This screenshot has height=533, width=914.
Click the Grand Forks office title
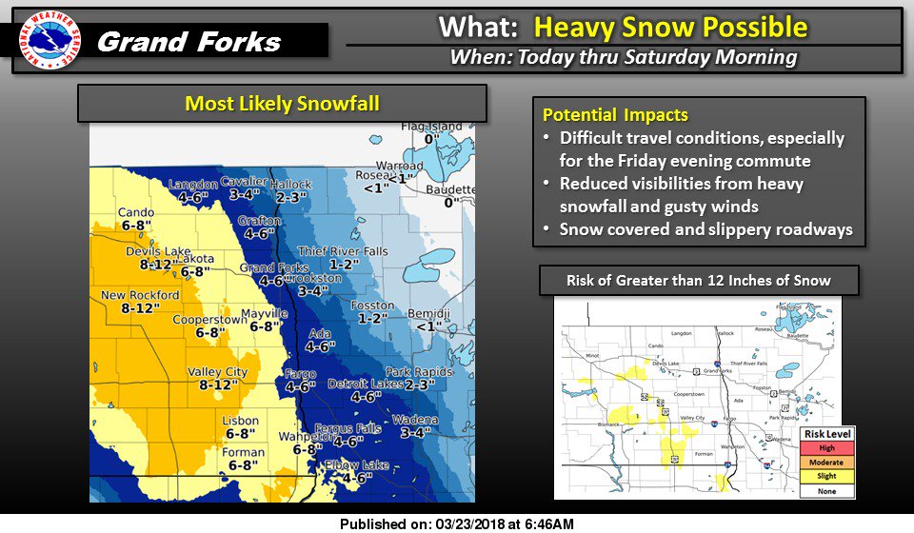pyautogui.click(x=189, y=42)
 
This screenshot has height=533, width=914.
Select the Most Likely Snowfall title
pyautogui.click(x=282, y=103)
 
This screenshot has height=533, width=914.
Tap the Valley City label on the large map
pyautogui.click(x=217, y=371)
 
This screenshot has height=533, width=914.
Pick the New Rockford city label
pyautogui.click(x=140, y=295)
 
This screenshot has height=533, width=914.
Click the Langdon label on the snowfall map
pyautogui.click(x=194, y=184)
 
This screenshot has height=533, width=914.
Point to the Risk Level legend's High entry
pyautogui.click(x=826, y=448)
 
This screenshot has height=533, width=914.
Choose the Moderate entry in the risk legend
pyautogui.click(x=826, y=462)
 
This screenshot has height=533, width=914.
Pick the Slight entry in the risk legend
pyautogui.click(x=826, y=476)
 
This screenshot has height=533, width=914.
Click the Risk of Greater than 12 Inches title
pyautogui.click(x=699, y=280)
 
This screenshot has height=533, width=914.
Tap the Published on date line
pyautogui.click(x=456, y=523)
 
